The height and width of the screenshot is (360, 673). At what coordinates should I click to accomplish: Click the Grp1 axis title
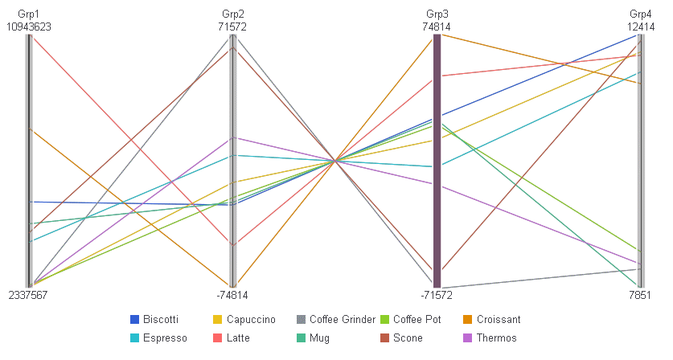point(28,14)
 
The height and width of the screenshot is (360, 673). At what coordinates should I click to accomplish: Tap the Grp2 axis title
point(232,14)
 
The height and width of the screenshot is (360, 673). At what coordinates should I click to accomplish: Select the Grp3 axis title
point(437,14)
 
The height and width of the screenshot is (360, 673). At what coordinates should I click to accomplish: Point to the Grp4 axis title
point(641,14)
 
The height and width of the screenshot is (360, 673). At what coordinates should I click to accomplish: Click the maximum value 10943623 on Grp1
point(29,27)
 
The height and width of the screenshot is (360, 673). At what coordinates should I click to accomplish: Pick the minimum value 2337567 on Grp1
point(28,295)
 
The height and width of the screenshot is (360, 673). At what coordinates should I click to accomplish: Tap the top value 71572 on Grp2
point(232,27)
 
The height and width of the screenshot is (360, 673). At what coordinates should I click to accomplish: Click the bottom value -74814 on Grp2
point(232,295)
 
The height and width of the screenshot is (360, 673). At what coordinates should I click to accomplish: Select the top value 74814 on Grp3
point(437,27)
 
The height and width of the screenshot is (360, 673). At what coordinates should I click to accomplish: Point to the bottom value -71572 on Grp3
point(437,295)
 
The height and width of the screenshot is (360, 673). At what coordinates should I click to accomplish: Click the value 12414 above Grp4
point(641,27)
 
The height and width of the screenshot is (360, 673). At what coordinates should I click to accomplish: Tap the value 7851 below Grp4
point(640,295)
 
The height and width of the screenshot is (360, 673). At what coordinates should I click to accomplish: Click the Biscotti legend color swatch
point(134,320)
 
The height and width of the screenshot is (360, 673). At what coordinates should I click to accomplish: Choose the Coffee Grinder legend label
point(343,320)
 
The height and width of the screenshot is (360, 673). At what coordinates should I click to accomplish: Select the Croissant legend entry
point(492,320)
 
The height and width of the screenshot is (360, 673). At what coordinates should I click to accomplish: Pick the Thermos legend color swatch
point(467,338)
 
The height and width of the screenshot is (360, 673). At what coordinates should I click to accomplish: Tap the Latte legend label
point(238,338)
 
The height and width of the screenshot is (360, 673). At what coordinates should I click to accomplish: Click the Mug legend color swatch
point(301,338)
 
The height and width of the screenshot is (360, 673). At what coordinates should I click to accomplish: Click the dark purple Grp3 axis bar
point(437,161)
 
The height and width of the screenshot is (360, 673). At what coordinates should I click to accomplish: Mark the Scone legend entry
point(401,338)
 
